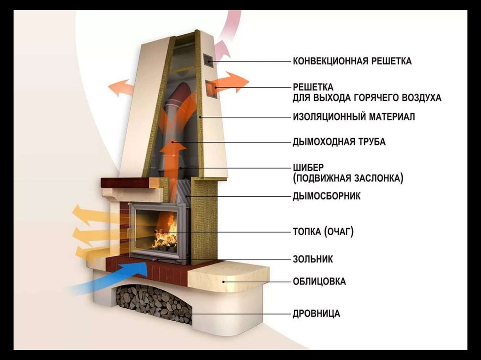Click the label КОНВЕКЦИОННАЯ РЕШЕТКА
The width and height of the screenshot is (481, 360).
click(x=352, y=61)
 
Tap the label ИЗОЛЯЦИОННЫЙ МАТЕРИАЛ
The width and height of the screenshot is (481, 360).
click(x=354, y=117)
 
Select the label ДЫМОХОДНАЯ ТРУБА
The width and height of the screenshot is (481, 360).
click(x=339, y=141)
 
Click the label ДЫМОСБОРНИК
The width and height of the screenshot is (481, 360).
click(x=326, y=196)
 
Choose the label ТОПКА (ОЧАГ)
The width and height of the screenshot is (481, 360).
click(x=323, y=231)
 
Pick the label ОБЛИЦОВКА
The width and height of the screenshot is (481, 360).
click(x=319, y=282)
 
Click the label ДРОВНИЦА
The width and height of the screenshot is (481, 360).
click(x=316, y=313)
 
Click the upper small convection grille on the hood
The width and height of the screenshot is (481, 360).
click(x=208, y=60)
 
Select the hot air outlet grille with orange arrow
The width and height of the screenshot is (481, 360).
click(x=211, y=88)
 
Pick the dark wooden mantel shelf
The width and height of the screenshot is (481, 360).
click(x=124, y=183)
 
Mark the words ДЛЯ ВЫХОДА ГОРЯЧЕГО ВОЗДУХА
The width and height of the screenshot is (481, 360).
click(x=367, y=98)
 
